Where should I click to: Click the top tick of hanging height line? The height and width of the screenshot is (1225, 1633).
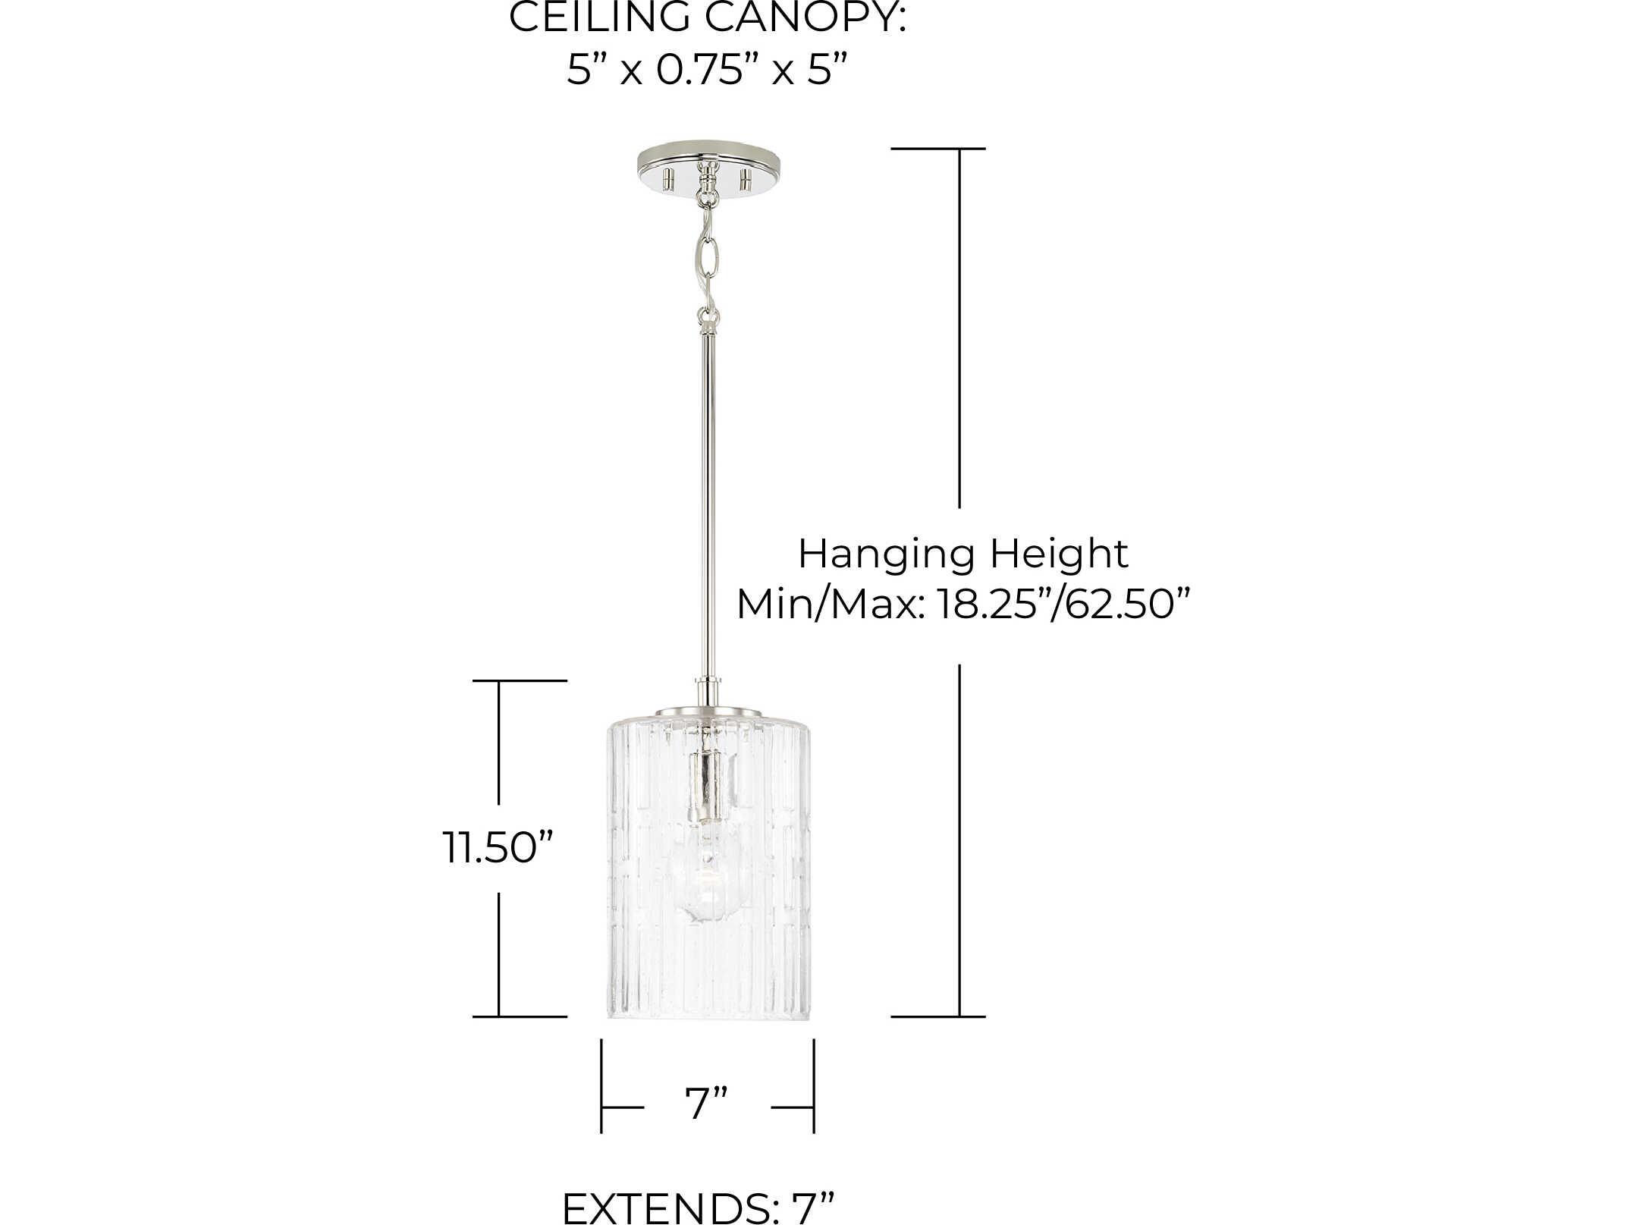pyautogui.click(x=937, y=149)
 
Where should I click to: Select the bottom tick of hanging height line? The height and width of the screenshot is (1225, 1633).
pyautogui.click(x=937, y=1016)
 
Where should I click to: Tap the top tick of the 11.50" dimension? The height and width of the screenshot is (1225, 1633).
pyautogui.click(x=520, y=681)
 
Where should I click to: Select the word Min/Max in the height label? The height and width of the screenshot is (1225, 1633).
pyautogui.click(x=829, y=605)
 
